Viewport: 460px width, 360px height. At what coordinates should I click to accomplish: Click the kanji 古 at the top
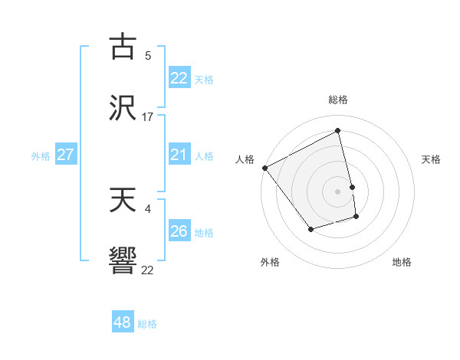click(123, 47)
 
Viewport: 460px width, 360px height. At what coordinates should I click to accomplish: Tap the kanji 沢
click(123, 108)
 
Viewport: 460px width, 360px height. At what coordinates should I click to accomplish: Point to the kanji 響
click(123, 261)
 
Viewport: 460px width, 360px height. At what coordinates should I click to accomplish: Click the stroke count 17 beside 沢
click(148, 117)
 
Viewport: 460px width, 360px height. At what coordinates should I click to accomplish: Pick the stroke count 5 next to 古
click(148, 56)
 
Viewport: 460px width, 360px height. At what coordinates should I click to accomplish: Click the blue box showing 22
click(179, 78)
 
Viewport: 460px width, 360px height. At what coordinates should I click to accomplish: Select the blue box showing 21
click(179, 155)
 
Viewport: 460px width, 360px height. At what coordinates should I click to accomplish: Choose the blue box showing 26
click(179, 231)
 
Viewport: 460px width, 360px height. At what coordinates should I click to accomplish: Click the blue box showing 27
click(65, 155)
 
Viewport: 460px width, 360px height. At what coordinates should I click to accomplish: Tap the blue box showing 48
click(122, 322)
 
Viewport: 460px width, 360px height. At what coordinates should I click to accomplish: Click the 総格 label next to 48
click(147, 324)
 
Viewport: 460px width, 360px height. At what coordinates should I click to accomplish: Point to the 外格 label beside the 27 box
click(41, 156)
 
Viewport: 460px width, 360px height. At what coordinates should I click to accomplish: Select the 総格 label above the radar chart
click(338, 100)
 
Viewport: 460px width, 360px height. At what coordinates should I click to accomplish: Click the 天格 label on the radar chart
click(432, 159)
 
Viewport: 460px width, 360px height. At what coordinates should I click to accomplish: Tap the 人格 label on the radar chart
click(245, 159)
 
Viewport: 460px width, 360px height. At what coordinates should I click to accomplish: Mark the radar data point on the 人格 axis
click(264, 168)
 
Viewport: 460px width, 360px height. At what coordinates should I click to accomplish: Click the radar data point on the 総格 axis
click(338, 131)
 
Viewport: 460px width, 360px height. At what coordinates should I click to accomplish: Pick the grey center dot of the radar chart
click(338, 191)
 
